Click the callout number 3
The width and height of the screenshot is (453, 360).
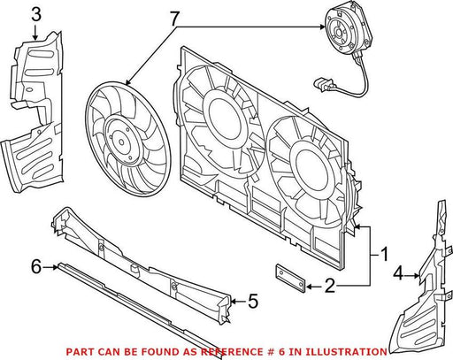36,15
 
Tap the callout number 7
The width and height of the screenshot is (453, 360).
174,19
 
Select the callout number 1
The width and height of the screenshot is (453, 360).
384,255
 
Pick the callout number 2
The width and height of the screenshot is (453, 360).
330,286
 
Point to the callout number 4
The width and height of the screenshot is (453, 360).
398,273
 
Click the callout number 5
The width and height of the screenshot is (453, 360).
253,302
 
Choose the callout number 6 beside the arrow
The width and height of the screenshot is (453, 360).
36,267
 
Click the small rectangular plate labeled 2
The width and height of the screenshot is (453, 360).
290,279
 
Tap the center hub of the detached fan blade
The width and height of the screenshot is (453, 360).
121,142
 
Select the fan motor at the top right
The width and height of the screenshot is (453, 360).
347,29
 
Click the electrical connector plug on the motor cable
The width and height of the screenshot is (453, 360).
324,84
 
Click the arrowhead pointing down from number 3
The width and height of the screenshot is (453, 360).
35,37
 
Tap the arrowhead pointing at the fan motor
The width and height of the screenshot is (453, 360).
321,27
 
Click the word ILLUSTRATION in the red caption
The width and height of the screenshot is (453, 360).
346,352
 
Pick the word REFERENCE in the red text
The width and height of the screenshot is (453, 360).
232,352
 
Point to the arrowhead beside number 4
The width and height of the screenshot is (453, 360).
416,276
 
